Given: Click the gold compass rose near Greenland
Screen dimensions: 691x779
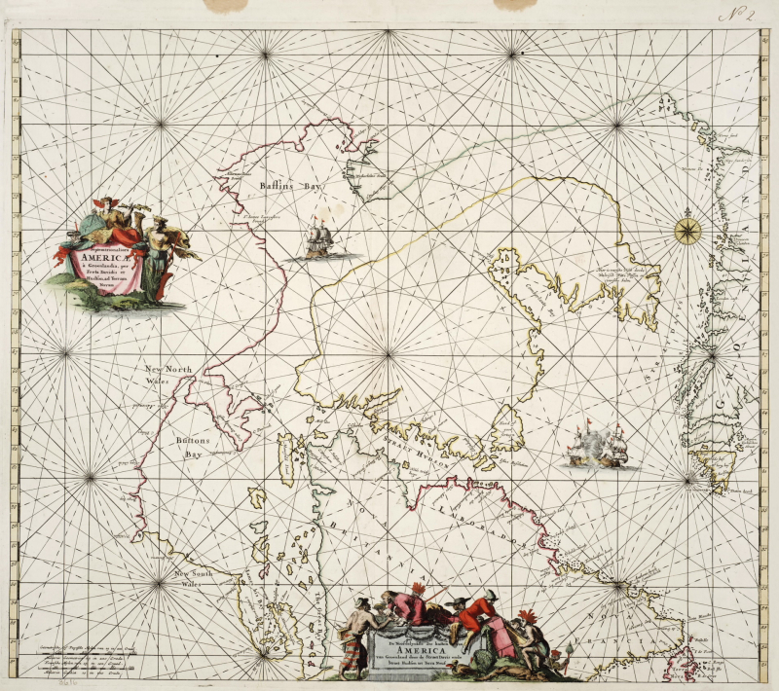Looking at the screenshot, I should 687,230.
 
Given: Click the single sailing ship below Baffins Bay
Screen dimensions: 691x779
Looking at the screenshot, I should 318,239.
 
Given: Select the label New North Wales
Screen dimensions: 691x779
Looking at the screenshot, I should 170,376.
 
